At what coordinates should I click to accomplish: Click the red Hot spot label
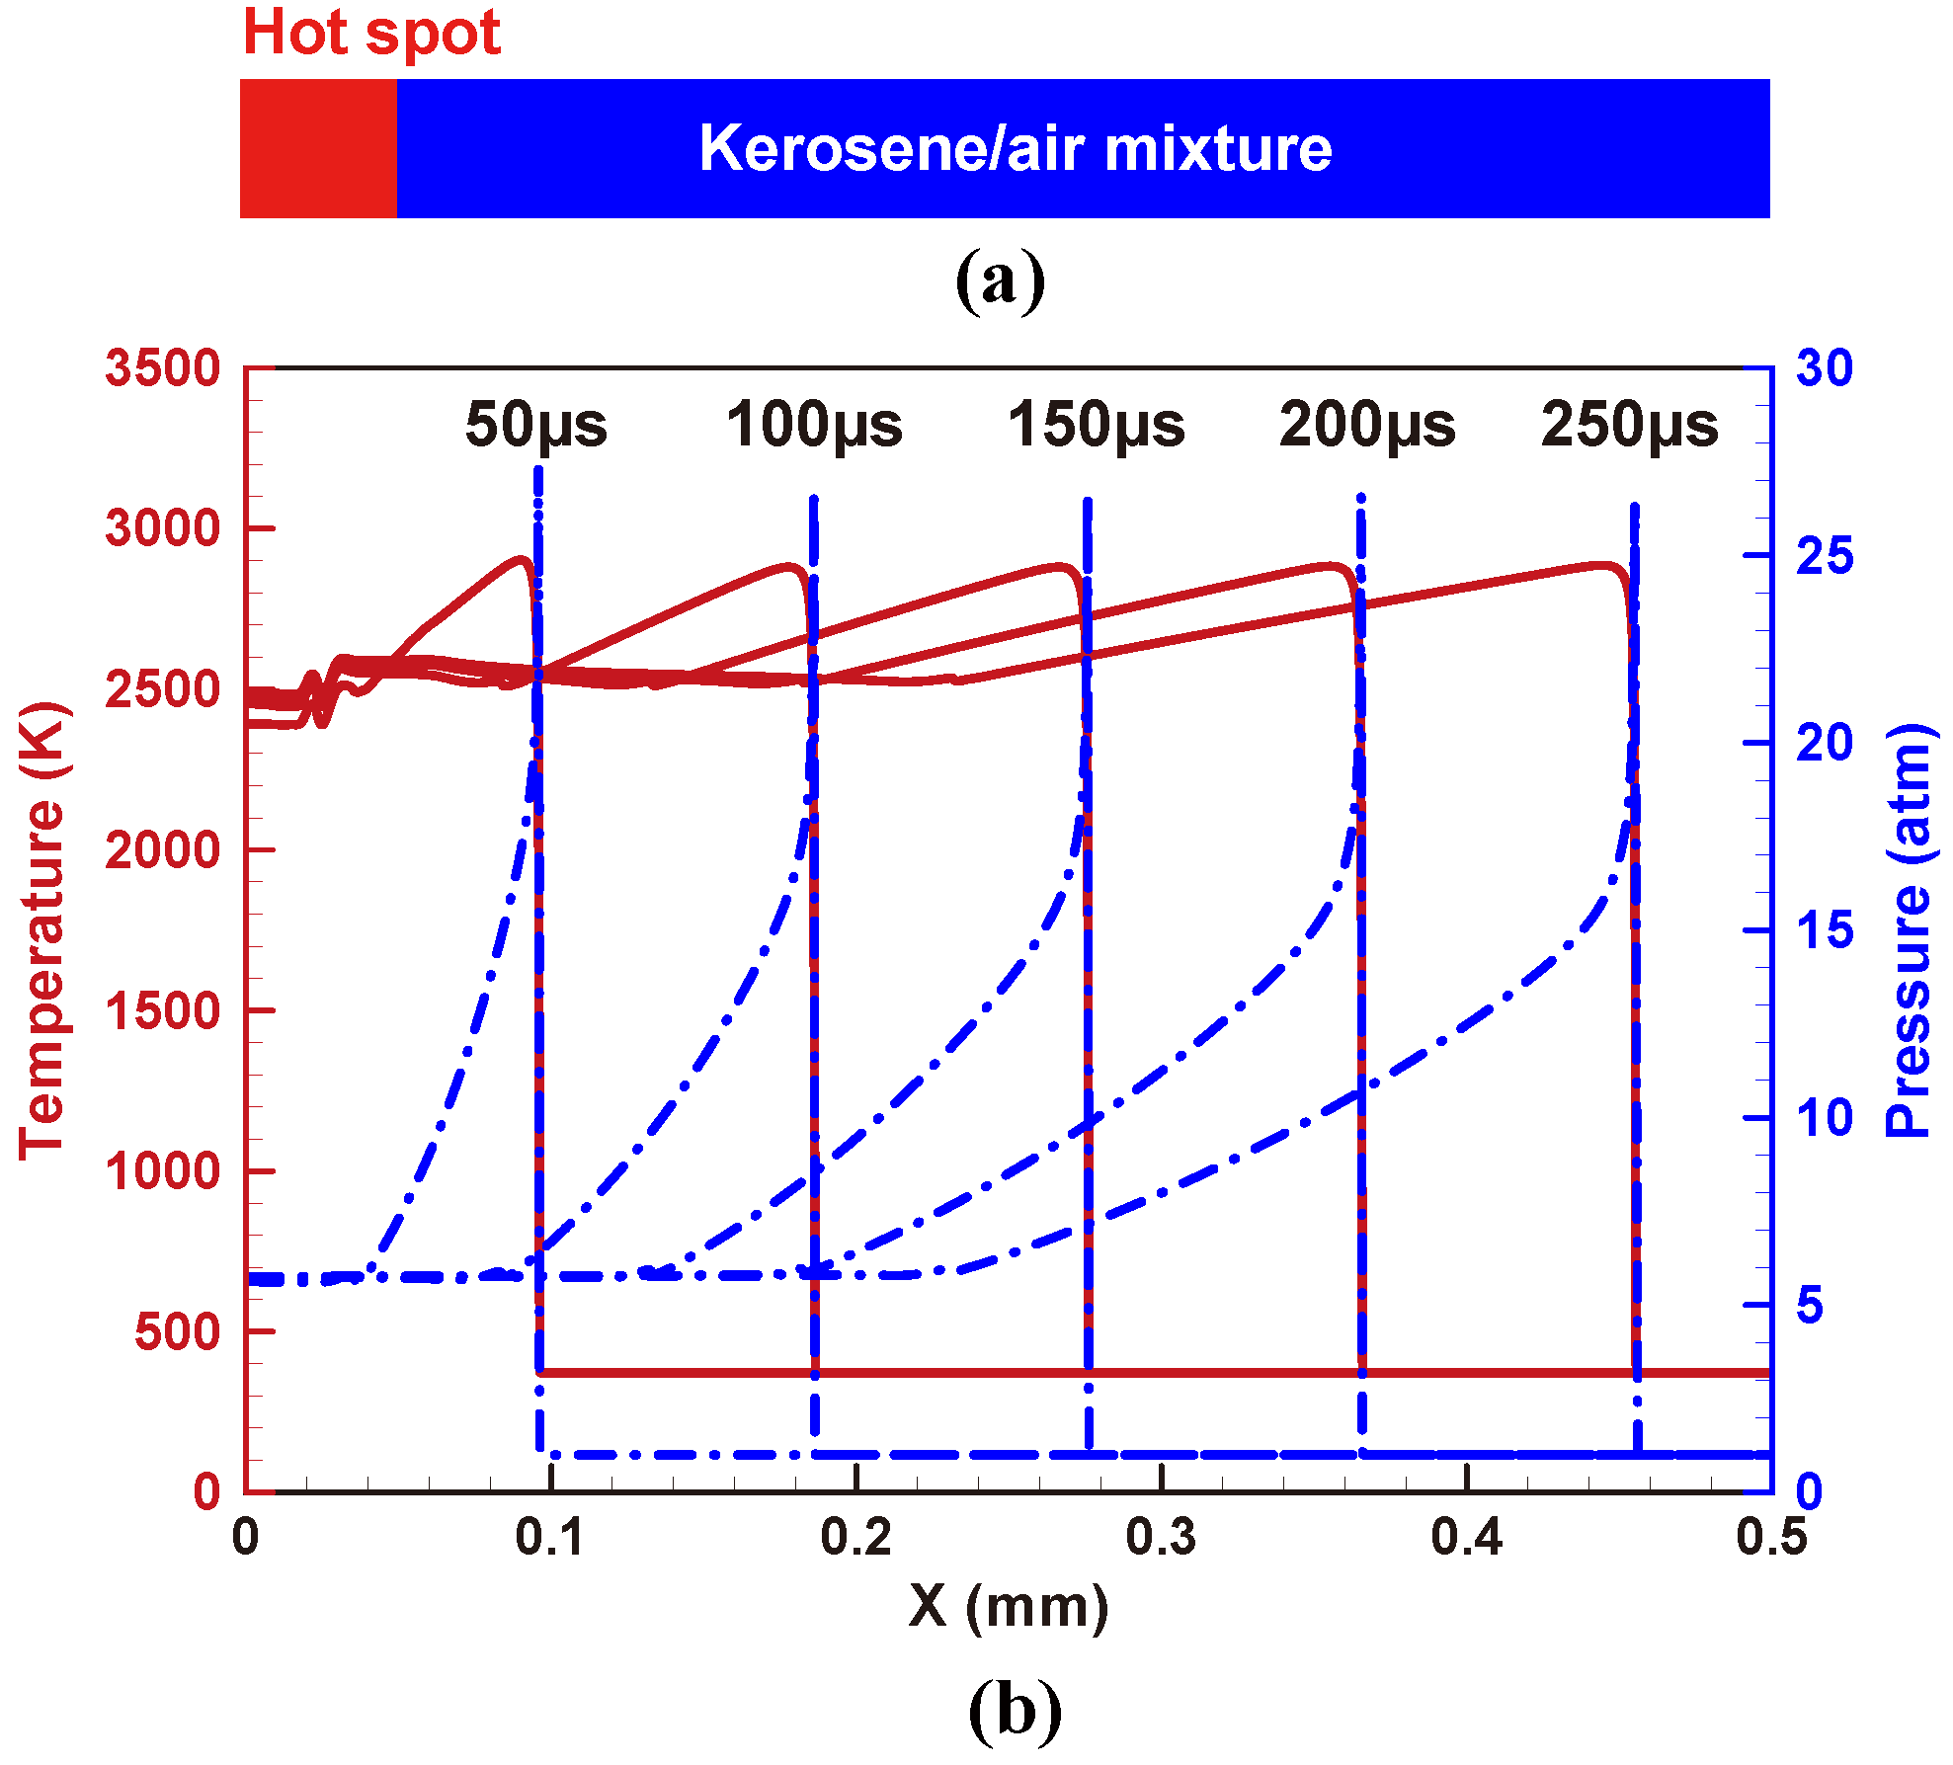371,33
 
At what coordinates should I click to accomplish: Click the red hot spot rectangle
318,148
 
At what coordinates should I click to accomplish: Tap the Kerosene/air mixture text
1016,148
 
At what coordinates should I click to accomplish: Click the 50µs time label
536,425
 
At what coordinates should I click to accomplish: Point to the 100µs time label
814,425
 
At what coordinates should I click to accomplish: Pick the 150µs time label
1096,425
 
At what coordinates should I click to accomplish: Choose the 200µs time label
1367,425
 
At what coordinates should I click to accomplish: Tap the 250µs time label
1629,425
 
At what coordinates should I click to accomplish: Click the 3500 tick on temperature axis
163,368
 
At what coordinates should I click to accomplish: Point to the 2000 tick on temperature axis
163,849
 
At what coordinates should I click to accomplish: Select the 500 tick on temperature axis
178,1331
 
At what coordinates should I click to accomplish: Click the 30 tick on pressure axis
1824,368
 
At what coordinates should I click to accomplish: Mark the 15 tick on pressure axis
1824,930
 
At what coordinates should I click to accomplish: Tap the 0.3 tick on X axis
1161,1538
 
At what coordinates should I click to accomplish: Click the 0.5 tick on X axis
1771,1538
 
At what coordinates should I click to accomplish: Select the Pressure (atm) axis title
1909,928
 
